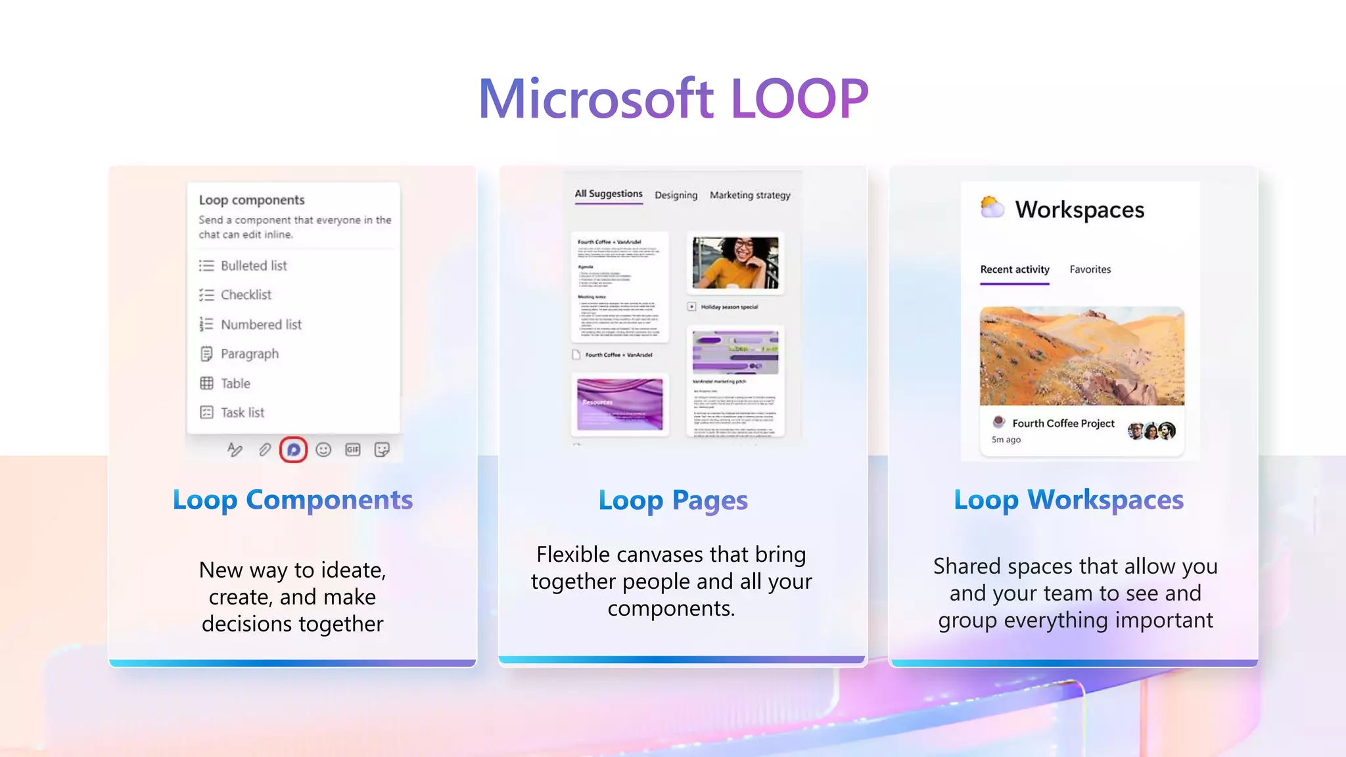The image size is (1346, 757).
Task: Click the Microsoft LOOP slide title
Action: (x=673, y=99)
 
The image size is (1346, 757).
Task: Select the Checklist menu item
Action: (x=245, y=295)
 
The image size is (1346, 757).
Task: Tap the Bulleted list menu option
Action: (x=253, y=265)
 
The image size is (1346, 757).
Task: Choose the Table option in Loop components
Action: (x=235, y=383)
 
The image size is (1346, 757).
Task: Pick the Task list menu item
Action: (x=242, y=413)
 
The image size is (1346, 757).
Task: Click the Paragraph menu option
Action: (x=249, y=354)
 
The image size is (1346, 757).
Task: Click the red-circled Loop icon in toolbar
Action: (x=293, y=449)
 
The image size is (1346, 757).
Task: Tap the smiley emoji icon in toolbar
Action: (x=323, y=449)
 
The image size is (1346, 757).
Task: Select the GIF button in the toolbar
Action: (x=353, y=449)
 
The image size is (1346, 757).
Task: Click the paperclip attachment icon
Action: (x=264, y=449)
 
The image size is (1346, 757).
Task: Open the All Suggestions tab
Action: (x=609, y=194)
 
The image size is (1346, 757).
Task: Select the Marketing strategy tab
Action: (x=750, y=195)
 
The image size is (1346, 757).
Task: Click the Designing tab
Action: (x=676, y=195)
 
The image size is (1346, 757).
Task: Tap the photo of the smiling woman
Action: (x=735, y=263)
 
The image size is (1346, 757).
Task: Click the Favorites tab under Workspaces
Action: (x=1090, y=269)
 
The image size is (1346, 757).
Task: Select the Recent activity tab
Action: (x=1015, y=269)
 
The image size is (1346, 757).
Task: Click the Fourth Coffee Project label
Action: (x=1063, y=423)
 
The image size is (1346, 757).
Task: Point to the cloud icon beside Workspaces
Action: (x=992, y=208)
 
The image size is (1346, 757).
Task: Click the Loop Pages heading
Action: (x=673, y=501)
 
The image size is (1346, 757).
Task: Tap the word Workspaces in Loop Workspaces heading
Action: (x=1105, y=500)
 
